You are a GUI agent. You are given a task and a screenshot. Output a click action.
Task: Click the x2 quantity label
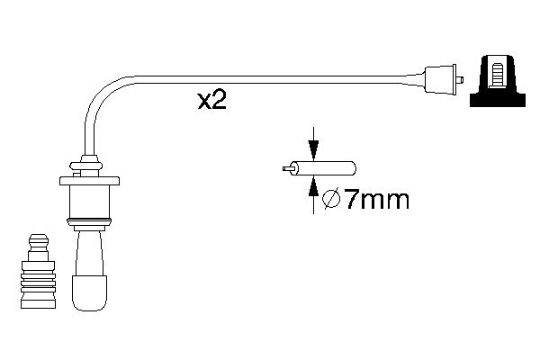tap(211, 100)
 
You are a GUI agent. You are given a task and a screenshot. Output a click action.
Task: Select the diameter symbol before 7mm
tap(330, 200)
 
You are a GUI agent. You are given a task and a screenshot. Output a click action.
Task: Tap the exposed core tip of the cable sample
tap(287, 168)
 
